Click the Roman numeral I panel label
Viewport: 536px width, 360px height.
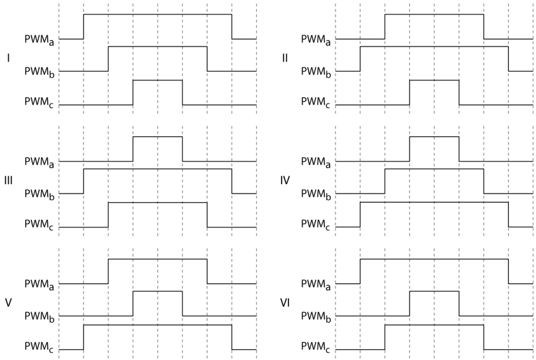point(9,58)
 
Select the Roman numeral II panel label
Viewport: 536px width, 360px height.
point(285,58)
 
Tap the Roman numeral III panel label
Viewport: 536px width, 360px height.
point(9,181)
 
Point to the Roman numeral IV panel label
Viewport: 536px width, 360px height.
point(285,181)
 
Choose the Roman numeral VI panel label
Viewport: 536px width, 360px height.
point(285,303)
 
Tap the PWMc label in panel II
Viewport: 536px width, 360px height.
point(317,105)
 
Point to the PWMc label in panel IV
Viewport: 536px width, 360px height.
point(317,228)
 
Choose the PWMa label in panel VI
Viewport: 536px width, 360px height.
point(317,285)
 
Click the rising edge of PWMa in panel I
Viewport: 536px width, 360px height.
point(84,27)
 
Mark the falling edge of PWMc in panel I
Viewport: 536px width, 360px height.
point(182,93)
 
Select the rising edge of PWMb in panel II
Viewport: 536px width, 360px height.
point(360,59)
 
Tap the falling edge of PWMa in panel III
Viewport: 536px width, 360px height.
point(182,149)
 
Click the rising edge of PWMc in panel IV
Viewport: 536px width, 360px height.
point(360,215)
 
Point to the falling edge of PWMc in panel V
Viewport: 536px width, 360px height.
point(232,337)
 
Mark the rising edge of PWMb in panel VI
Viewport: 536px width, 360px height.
point(409,303)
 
